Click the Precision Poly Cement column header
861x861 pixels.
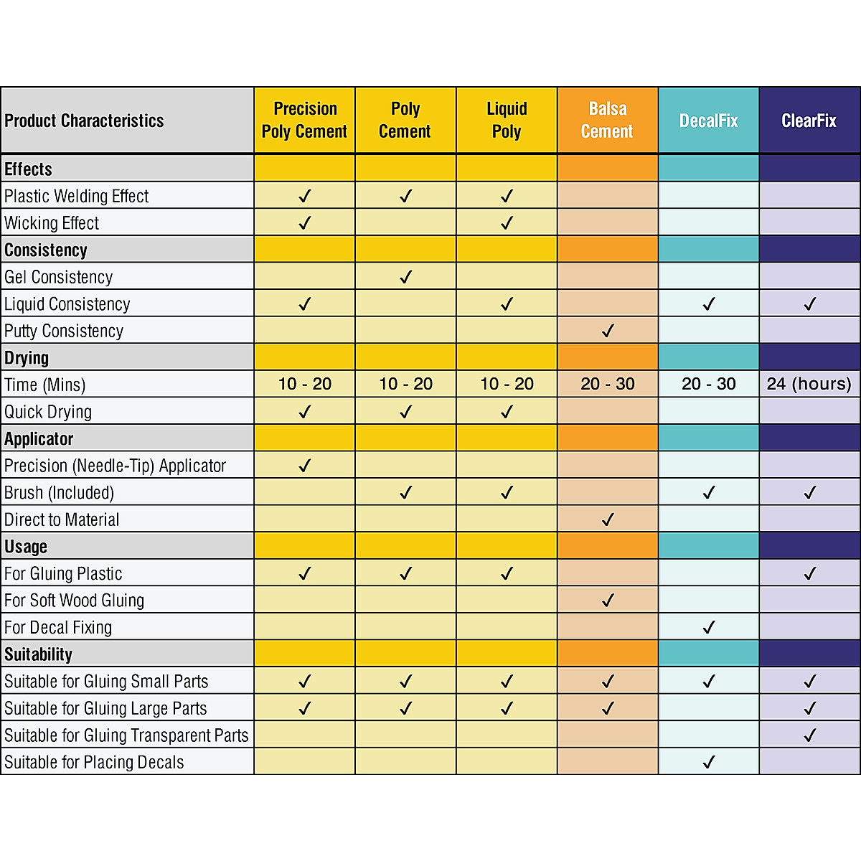(304, 120)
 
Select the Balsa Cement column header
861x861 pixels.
(607, 120)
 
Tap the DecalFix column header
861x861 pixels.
(708, 121)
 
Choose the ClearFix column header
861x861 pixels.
(809, 121)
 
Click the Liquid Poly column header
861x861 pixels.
(507, 120)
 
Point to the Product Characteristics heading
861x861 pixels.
(84, 121)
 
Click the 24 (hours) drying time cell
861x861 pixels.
(809, 384)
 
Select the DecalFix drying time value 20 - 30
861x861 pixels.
(708, 384)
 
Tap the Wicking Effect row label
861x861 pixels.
(52, 223)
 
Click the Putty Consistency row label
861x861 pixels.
(64, 331)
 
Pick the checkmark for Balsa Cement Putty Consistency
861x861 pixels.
(608, 331)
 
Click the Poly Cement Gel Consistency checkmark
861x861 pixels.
(405, 277)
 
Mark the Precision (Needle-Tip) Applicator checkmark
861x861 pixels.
(304, 466)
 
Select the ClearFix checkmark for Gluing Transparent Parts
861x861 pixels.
(809, 735)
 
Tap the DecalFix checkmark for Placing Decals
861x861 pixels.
(708, 762)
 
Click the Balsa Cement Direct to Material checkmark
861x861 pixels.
(608, 519)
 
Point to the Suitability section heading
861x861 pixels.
(39, 654)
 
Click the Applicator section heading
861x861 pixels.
(39, 439)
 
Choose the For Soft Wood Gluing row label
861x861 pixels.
(74, 601)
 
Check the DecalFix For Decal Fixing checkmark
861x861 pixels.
(708, 628)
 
